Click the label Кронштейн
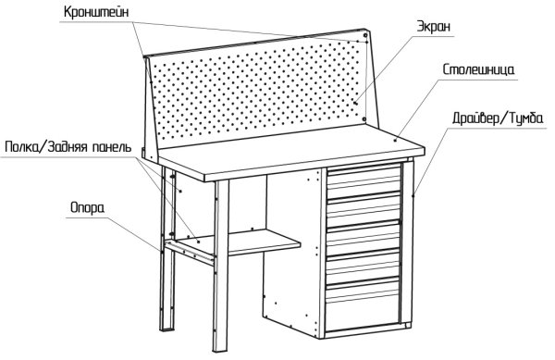[x=96, y=12]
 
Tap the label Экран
[x=434, y=27]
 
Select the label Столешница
[x=478, y=69]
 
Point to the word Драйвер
[x=475, y=118]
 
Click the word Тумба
[x=525, y=118]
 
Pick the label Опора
[x=88, y=208]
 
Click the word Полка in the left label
[x=22, y=146]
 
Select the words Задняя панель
[x=90, y=146]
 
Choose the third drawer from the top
[x=364, y=236]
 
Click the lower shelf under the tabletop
[x=238, y=242]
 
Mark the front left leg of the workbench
[x=220, y=266]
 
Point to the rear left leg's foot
[x=167, y=328]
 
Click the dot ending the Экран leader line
[x=356, y=103]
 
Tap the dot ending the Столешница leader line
[x=395, y=140]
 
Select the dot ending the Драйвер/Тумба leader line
[x=413, y=195]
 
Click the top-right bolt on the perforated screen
[x=365, y=35]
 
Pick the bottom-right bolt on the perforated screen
[x=364, y=119]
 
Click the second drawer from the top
[x=364, y=207]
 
